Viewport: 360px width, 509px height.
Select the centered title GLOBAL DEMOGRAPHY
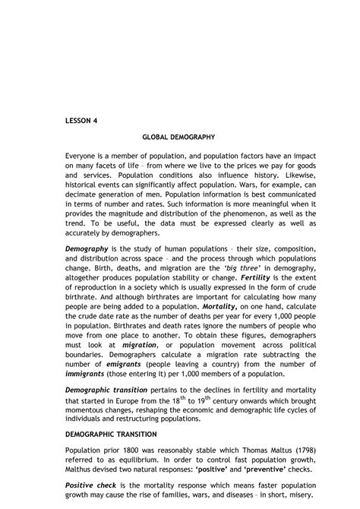[179, 137]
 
